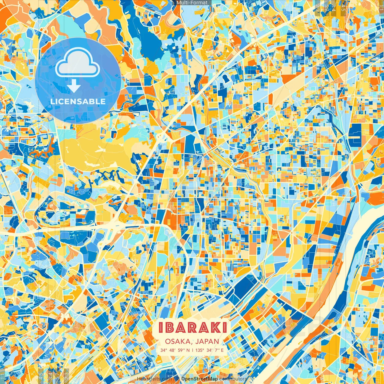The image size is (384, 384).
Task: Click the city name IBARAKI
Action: [192, 328]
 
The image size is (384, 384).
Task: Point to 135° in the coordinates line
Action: [199, 350]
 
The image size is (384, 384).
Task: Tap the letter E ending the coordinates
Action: [222, 350]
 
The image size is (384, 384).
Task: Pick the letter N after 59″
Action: [188, 350]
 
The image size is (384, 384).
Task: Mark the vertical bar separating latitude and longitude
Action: [193, 350]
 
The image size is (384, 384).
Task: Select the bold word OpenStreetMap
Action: [199, 379]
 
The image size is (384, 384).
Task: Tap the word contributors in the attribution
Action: [233, 379]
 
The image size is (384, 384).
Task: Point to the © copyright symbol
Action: [178, 379]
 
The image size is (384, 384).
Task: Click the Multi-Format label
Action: [192, 3]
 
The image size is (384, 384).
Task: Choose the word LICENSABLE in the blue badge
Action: [78, 101]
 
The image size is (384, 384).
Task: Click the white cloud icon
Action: [78, 62]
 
